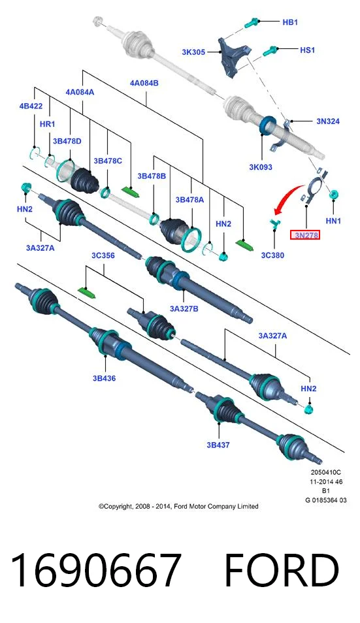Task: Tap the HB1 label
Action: tap(290, 22)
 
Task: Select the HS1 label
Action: tap(307, 50)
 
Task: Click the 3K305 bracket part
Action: tap(233, 56)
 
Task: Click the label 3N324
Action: tap(328, 121)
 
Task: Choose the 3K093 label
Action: tap(261, 167)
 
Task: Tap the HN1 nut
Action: tap(334, 195)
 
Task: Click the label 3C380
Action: tap(272, 255)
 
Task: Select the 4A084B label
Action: tap(144, 83)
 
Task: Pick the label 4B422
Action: tap(31, 106)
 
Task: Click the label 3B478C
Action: tap(108, 161)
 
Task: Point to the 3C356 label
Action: tap(103, 255)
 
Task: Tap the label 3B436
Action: tap(105, 378)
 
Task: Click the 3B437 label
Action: tap(218, 445)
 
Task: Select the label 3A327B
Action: tap(184, 308)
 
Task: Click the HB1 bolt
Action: tap(252, 22)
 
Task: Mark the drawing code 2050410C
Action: tap(326, 472)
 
